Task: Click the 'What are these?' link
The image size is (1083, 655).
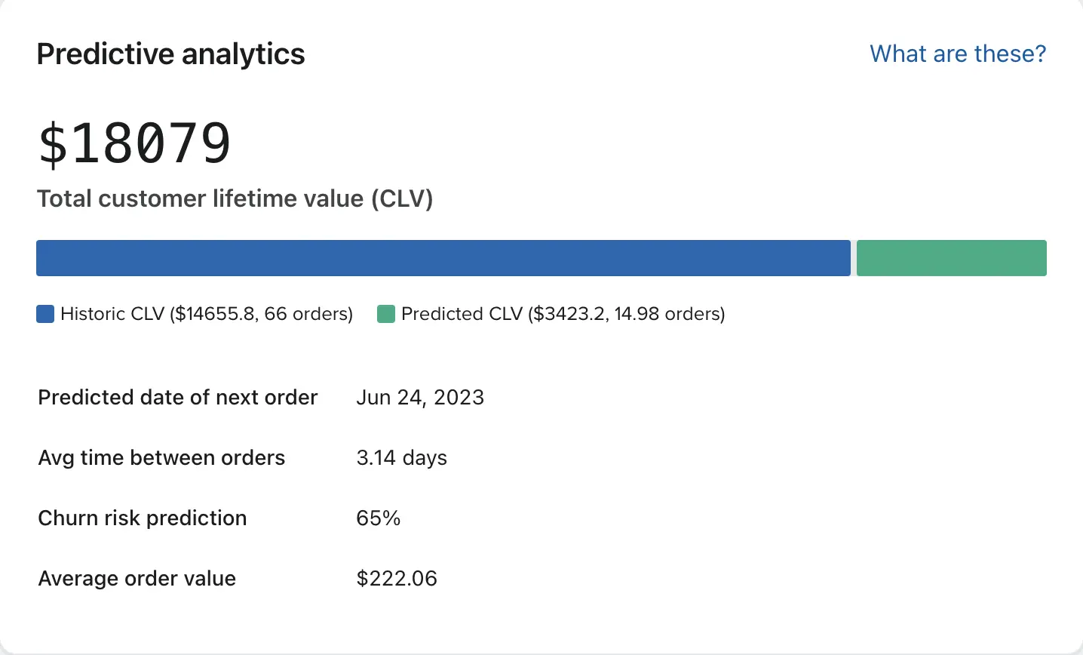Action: pyautogui.click(x=958, y=54)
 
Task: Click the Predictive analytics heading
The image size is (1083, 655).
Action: pyautogui.click(x=170, y=54)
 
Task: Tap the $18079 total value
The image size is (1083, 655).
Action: pyautogui.click(x=135, y=143)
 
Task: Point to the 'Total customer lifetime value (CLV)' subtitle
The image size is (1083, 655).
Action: pyautogui.click(x=235, y=198)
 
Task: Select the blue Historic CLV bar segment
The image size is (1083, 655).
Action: pyautogui.click(x=443, y=258)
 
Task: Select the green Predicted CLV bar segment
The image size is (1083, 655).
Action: pyautogui.click(x=951, y=258)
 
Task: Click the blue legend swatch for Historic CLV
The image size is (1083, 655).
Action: pyautogui.click(x=45, y=314)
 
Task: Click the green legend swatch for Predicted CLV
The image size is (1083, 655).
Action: pyautogui.click(x=386, y=314)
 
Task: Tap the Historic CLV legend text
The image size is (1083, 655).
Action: pyautogui.click(x=207, y=314)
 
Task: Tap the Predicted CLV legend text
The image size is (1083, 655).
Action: pyautogui.click(x=563, y=314)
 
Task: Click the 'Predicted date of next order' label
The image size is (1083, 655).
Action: pyautogui.click(x=178, y=398)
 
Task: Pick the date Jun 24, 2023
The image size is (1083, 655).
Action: pyautogui.click(x=420, y=398)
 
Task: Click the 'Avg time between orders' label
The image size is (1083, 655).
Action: pyautogui.click(x=161, y=458)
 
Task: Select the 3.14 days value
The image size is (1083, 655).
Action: pyautogui.click(x=401, y=458)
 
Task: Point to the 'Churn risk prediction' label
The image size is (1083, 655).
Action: pyautogui.click(x=143, y=518)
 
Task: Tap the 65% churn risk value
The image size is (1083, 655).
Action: pyautogui.click(x=378, y=518)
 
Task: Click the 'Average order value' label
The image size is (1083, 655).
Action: pyautogui.click(x=137, y=579)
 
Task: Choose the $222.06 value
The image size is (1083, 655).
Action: pyautogui.click(x=397, y=579)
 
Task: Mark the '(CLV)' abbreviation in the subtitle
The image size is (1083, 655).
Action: pyautogui.click(x=401, y=198)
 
